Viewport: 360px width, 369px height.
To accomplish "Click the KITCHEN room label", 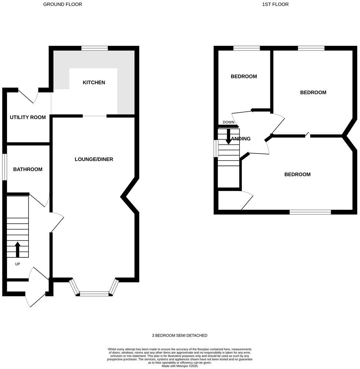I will click(x=94, y=83).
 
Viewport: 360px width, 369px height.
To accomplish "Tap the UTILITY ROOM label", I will click(x=28, y=118).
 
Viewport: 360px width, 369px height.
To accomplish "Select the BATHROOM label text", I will click(x=28, y=169).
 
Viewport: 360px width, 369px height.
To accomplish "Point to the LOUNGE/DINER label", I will click(x=94, y=159).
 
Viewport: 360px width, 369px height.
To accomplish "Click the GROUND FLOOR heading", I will click(x=63, y=4).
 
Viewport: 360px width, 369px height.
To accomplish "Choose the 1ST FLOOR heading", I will click(x=275, y=4).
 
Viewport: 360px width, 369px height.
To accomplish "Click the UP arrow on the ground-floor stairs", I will click(x=17, y=249).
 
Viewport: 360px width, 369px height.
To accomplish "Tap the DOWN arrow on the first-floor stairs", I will click(x=229, y=136).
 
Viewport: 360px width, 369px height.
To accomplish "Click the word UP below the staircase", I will click(x=18, y=264).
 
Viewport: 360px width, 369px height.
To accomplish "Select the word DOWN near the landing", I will click(x=228, y=122).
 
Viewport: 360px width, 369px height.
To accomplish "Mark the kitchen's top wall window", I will click(x=95, y=48).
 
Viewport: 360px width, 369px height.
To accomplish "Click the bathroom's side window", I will click(x=4, y=167).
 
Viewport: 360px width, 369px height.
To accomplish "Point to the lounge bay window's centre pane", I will click(x=94, y=293).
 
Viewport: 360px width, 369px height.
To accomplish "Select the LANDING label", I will click(x=241, y=139).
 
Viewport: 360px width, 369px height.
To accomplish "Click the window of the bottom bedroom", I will click(x=310, y=212).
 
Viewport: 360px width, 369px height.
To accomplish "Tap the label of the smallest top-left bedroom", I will click(x=244, y=77).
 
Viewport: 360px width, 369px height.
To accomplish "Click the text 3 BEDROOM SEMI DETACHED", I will click(x=180, y=335).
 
